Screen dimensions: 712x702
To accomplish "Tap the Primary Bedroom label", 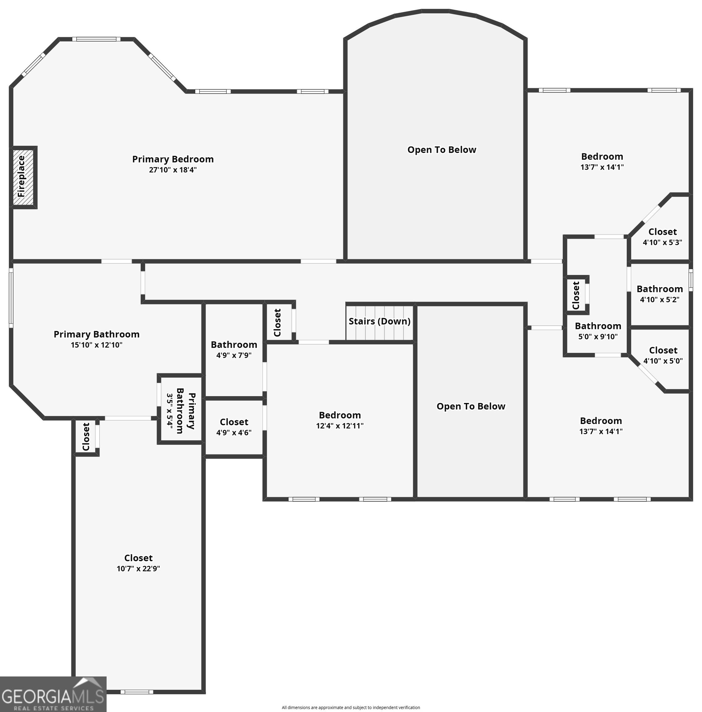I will coord(172,159).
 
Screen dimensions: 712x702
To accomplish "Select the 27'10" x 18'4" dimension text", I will coord(172,170).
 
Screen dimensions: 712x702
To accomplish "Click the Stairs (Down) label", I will coord(379,321).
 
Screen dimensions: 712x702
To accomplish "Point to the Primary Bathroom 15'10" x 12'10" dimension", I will coord(96,345).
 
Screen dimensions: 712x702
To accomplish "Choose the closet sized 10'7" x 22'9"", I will coord(138,562).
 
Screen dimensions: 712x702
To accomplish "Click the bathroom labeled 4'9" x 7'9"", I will coord(234,350).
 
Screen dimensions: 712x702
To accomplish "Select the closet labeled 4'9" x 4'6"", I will coord(234,427).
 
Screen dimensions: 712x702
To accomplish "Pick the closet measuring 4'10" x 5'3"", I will coord(662,237).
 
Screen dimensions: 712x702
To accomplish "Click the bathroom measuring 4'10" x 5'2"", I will coord(659,294).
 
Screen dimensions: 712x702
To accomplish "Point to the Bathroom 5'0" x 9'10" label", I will coord(598,331).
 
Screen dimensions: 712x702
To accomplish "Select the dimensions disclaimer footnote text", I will coord(350,707).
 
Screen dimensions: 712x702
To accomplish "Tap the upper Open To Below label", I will coord(442,150).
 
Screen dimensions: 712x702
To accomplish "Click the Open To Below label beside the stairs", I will coord(471,406).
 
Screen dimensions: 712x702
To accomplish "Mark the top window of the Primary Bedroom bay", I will coord(96,39).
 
